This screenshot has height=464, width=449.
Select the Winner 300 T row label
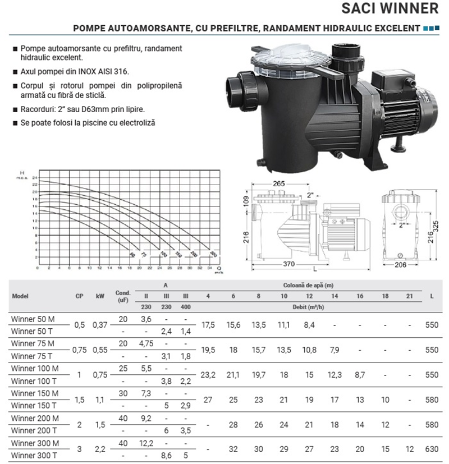33,455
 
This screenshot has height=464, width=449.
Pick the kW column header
100,296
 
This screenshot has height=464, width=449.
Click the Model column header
20,296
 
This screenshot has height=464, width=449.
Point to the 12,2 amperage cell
146,444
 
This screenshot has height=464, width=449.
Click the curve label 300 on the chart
213,254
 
